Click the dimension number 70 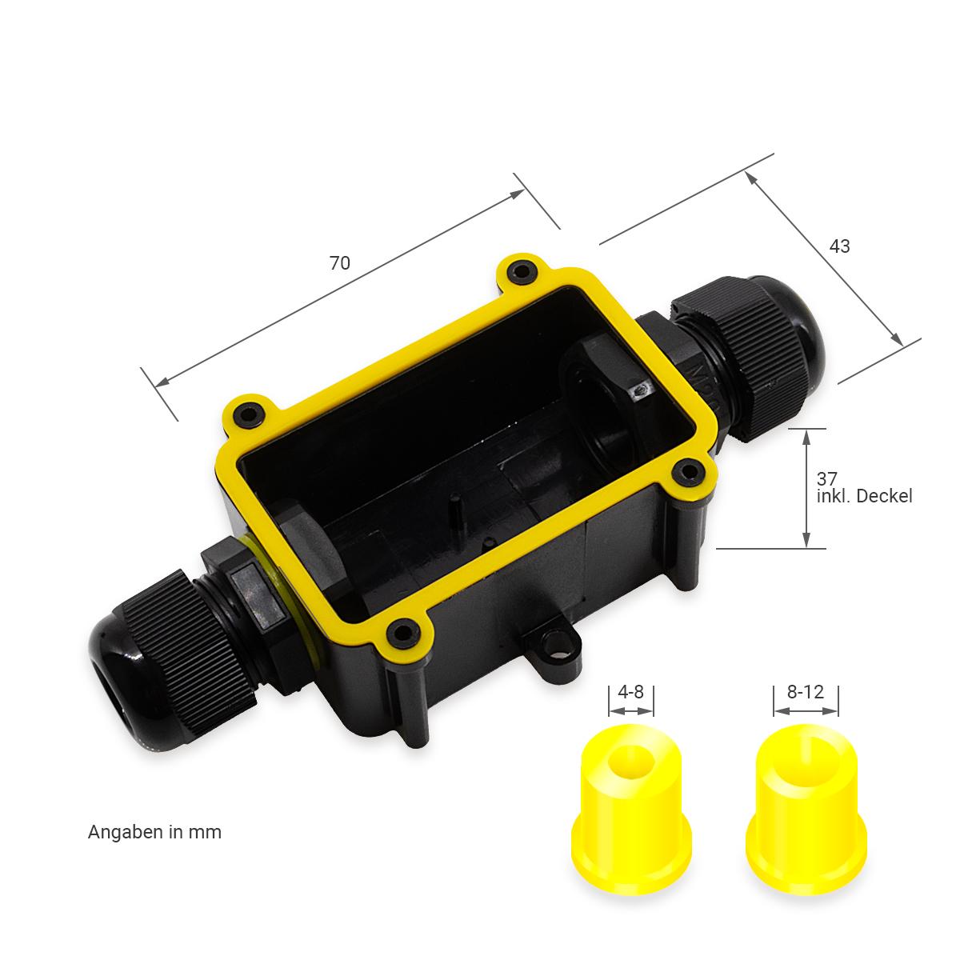[340, 263]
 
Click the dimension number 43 [839, 246]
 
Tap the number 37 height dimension [827, 478]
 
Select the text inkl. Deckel [864, 496]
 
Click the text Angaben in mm [154, 833]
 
